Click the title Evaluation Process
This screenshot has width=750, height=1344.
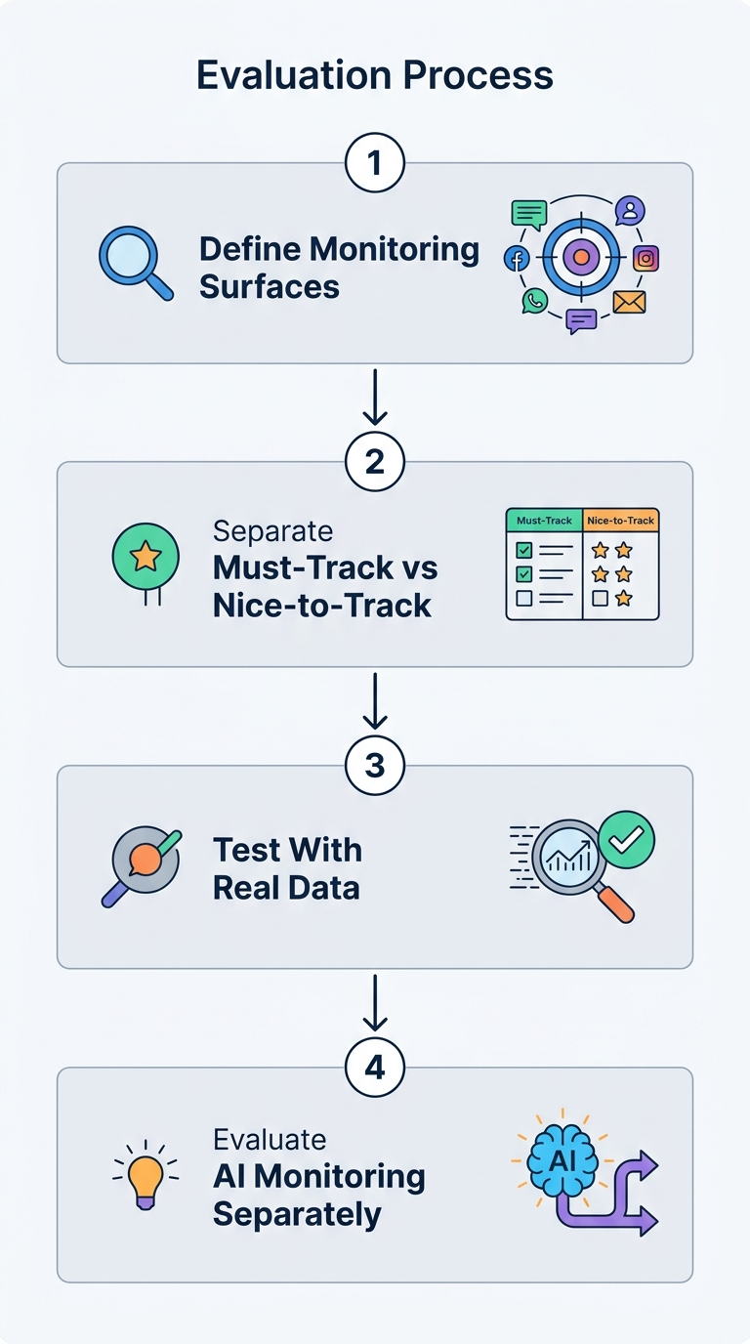point(375,75)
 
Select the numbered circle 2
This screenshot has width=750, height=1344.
point(375,462)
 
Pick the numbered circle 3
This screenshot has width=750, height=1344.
point(375,766)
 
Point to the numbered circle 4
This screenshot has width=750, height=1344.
point(375,1068)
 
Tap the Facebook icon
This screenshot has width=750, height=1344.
point(516,259)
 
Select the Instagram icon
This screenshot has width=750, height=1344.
point(646,259)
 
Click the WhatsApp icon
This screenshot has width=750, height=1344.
point(534,301)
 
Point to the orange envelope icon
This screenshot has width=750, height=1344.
point(630,302)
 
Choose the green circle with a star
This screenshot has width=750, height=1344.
point(146,557)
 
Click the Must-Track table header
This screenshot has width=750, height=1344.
point(544,521)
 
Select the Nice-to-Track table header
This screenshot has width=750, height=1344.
point(621,521)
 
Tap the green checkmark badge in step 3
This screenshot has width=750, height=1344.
point(627,838)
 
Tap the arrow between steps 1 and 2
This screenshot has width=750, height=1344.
point(375,398)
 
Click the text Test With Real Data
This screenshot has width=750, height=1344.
point(287,868)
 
